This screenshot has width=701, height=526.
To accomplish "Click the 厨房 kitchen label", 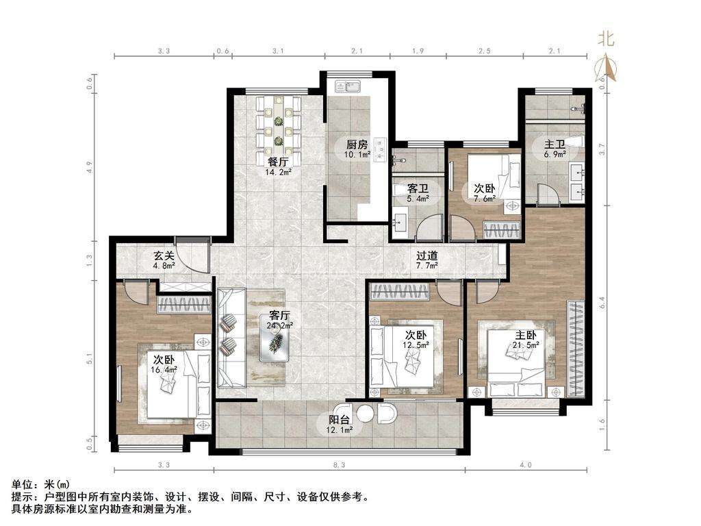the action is click(357, 145).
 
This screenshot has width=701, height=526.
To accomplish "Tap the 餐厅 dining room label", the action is click(278, 162).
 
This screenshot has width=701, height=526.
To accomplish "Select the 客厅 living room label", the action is click(280, 316).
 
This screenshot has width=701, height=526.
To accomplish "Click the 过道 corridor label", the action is click(427, 256).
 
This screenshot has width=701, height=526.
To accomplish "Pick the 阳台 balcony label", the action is click(340, 420).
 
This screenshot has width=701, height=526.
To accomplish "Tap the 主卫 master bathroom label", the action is click(555, 145).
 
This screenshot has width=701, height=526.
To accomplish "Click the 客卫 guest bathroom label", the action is click(418, 189).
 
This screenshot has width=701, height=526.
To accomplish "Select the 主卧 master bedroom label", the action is click(525, 335).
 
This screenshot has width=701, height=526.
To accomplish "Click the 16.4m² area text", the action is click(164, 369).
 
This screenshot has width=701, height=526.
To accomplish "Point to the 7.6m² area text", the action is click(485, 199).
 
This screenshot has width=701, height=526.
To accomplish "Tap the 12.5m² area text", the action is click(416, 345).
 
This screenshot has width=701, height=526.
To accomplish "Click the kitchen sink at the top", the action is click(348, 86).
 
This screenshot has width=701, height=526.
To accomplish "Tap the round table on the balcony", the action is click(365, 413).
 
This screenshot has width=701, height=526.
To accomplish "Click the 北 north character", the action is click(607, 39).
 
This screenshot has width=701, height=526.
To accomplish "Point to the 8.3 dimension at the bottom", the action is click(340, 465).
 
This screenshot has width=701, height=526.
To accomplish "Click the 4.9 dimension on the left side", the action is click(90, 167).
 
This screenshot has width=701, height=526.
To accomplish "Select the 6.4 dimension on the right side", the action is click(602, 303).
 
